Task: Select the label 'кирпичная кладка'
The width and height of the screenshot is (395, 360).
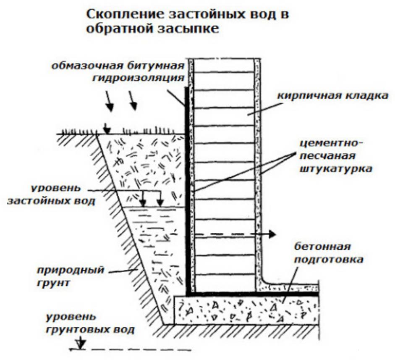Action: (332, 95)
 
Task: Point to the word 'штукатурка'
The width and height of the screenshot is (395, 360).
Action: (335, 169)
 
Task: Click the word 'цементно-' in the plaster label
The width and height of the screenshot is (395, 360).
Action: (332, 144)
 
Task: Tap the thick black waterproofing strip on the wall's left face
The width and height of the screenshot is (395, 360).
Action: (186, 189)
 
